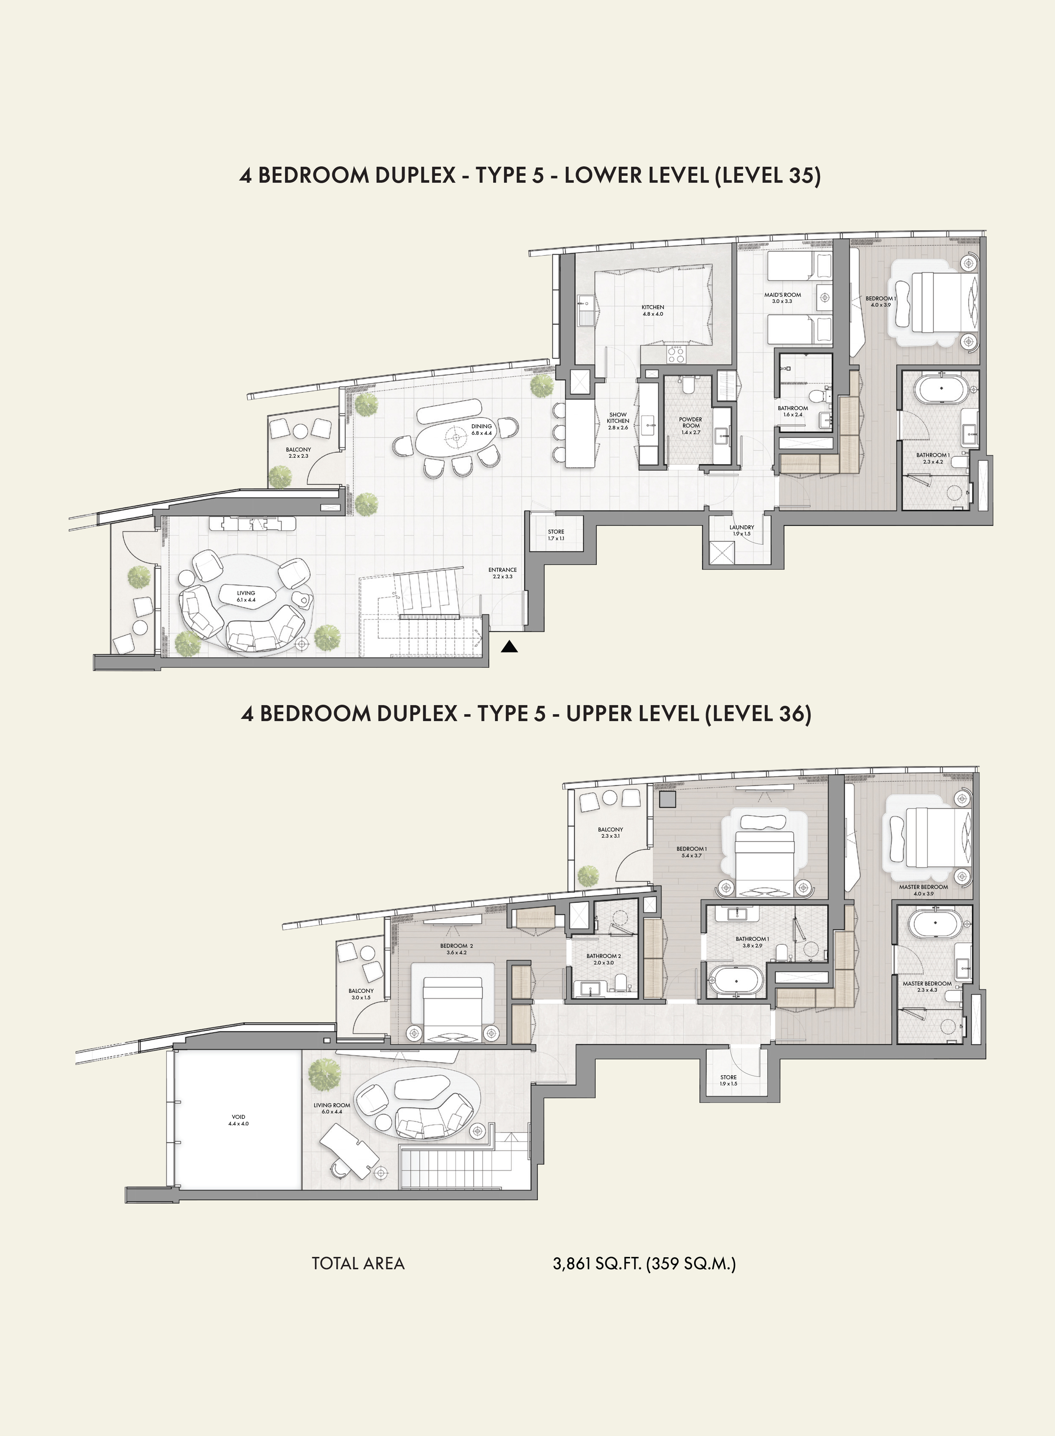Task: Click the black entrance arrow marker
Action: pos(509,647)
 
